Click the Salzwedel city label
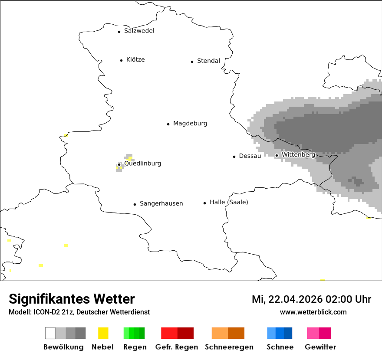(139, 31)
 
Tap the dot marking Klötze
(121, 60)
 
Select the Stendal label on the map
(208, 61)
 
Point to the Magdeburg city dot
(168, 124)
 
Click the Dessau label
(250, 156)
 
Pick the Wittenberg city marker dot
(277, 155)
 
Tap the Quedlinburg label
(142, 164)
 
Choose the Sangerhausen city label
(161, 204)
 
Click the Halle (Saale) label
(229, 203)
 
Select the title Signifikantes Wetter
(72, 299)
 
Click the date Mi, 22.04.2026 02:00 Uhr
(311, 300)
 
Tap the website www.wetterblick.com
(313, 312)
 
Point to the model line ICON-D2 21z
(79, 312)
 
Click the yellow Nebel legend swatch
(103, 333)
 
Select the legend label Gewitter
(320, 347)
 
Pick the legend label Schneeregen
(229, 347)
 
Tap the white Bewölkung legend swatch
(50, 333)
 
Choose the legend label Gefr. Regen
(177, 347)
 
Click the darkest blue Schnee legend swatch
(288, 333)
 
